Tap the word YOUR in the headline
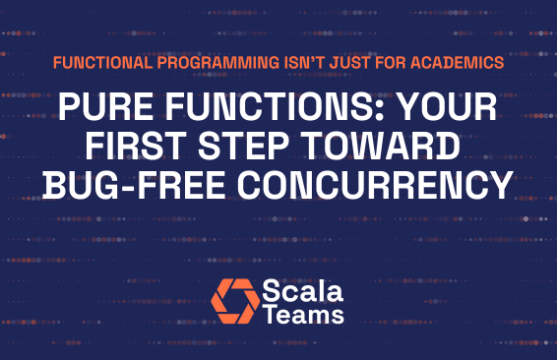(x=448, y=105)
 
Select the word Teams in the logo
(x=303, y=314)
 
